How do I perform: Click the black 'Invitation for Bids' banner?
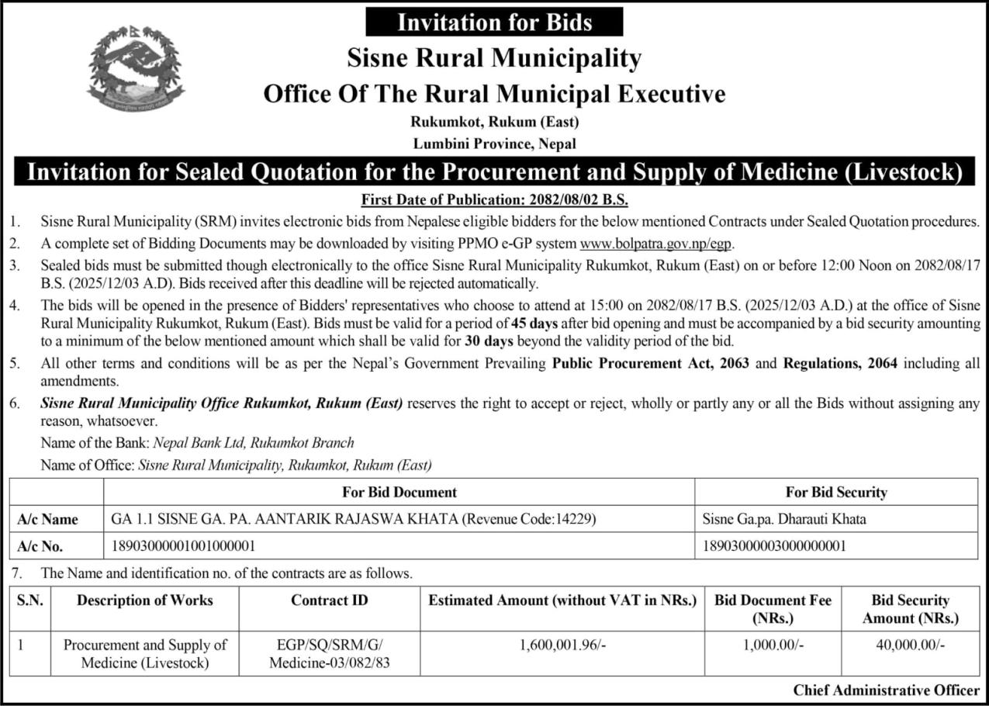494,22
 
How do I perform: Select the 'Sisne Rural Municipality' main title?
494,58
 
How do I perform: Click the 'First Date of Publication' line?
494,198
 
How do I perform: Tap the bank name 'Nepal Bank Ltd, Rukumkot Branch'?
254,443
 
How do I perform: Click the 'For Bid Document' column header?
399,492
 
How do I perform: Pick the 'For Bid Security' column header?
836,492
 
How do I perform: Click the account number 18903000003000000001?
773,546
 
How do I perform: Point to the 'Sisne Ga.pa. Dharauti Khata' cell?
783,519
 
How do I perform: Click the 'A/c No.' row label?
40,546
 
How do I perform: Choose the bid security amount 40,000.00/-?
910,644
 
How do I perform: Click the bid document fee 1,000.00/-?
773,644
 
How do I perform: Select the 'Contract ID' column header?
330,600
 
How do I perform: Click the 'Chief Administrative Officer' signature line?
886,690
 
